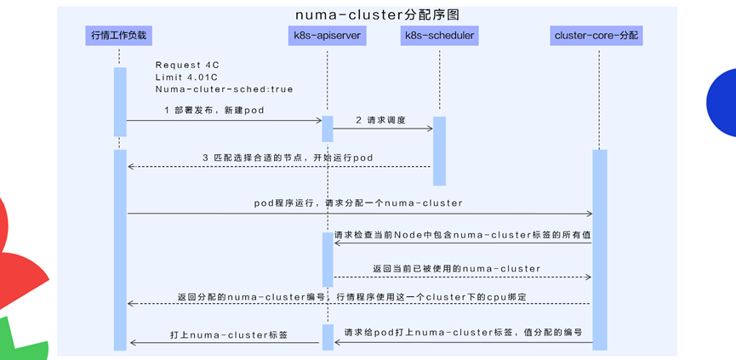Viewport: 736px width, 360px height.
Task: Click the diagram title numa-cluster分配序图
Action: click(x=367, y=14)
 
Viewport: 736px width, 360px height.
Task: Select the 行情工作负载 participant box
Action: click(x=119, y=36)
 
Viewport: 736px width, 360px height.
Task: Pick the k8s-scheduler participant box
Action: click(x=439, y=36)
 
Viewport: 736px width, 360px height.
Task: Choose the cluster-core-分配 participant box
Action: click(x=597, y=36)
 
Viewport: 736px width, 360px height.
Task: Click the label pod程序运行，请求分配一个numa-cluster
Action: click(x=358, y=203)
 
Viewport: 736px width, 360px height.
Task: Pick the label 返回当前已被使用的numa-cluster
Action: click(x=456, y=268)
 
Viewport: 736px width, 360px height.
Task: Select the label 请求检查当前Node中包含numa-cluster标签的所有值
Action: click(x=462, y=234)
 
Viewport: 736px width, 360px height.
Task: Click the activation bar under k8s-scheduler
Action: click(x=439, y=151)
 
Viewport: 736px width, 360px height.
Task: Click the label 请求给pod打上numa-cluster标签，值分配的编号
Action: click(x=468, y=332)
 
